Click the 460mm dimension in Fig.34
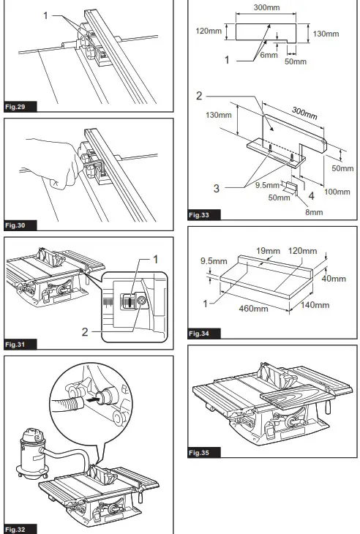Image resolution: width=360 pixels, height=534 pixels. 254,309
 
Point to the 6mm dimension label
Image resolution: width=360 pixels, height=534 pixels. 269,54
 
